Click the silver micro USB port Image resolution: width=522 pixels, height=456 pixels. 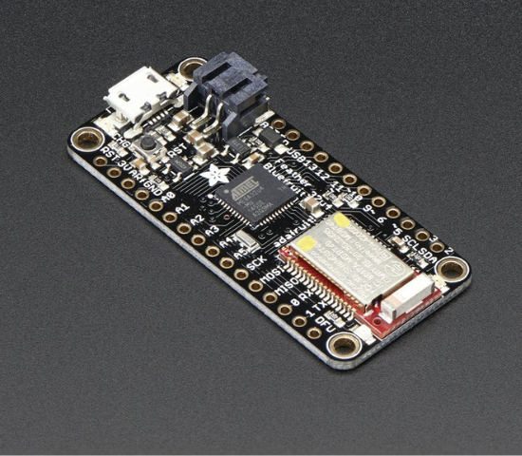tap(132, 93)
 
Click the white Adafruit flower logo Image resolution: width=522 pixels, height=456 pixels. tap(215, 174)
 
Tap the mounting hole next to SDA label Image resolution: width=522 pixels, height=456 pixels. tap(453, 268)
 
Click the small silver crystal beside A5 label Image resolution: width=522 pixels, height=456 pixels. tap(245, 239)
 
